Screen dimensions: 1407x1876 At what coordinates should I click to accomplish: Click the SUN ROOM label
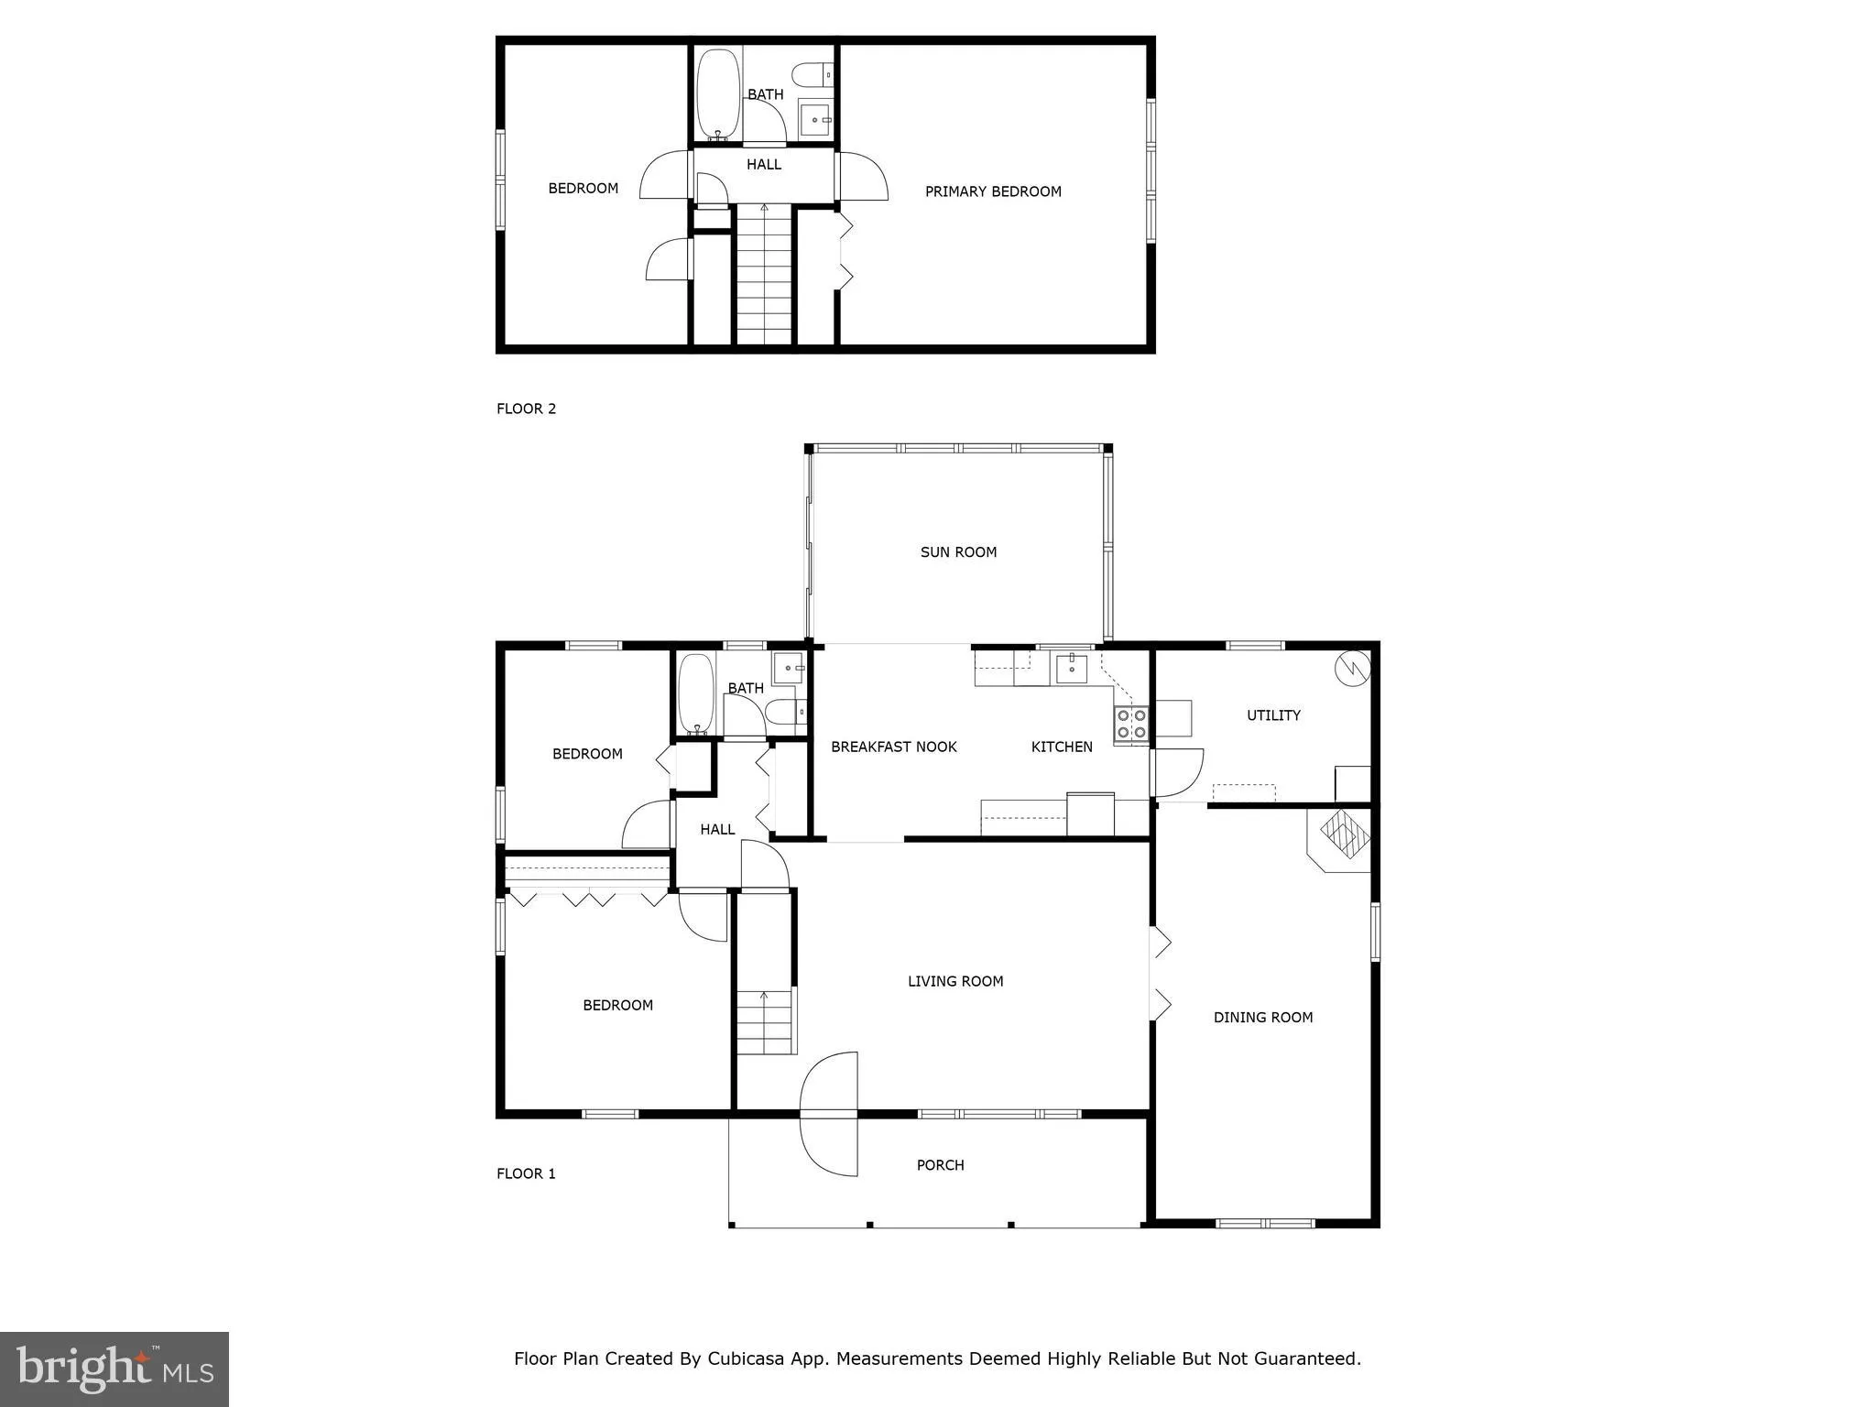tap(958, 552)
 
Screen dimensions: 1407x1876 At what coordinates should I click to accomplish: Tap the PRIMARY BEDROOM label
tap(993, 191)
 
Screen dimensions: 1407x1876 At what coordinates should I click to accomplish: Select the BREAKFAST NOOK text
tap(893, 747)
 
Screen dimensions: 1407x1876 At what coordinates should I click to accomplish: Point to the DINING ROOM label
tap(1262, 1018)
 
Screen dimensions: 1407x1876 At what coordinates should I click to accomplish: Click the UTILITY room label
tap(1273, 715)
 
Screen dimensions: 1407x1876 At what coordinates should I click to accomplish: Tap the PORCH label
tap(940, 1165)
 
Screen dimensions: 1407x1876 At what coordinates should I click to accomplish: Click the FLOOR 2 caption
tap(526, 409)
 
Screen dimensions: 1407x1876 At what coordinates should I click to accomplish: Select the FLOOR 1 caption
tap(526, 1174)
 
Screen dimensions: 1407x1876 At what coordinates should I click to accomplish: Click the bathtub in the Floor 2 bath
tap(718, 94)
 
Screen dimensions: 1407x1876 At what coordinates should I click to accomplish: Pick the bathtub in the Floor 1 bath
tap(697, 693)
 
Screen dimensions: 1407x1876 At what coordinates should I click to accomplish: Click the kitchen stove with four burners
tap(1132, 724)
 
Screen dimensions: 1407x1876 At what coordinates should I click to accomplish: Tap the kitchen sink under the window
tap(1071, 670)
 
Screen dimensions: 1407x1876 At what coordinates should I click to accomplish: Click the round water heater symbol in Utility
tap(1351, 668)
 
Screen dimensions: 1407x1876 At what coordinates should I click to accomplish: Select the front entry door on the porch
tap(829, 1114)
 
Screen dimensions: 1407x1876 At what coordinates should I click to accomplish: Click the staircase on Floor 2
tap(764, 275)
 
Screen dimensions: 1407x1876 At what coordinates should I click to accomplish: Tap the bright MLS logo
tap(115, 1369)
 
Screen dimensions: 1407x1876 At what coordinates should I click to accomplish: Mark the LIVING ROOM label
tap(955, 982)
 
